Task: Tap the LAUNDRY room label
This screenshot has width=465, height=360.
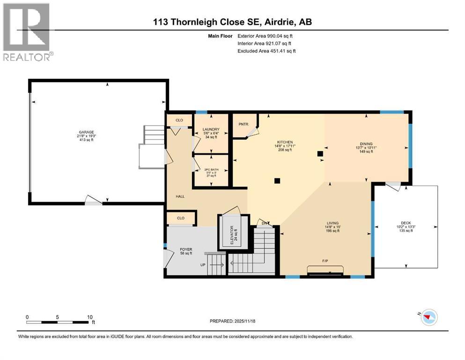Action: point(211,130)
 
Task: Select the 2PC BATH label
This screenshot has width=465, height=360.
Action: point(211,169)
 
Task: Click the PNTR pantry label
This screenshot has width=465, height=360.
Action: point(243,124)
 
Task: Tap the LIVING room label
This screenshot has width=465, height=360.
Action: point(332,223)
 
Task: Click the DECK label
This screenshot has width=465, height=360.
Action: point(406,223)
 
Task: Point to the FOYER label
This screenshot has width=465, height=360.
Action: point(186,249)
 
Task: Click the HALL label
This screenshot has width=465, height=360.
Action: point(179,196)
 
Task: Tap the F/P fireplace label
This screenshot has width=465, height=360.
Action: point(325,260)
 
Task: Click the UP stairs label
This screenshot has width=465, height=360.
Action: point(203,265)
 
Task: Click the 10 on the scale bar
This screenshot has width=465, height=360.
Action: point(89,317)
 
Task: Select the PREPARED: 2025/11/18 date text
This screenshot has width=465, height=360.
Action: point(232,321)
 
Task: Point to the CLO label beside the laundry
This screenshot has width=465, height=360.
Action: point(179,120)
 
